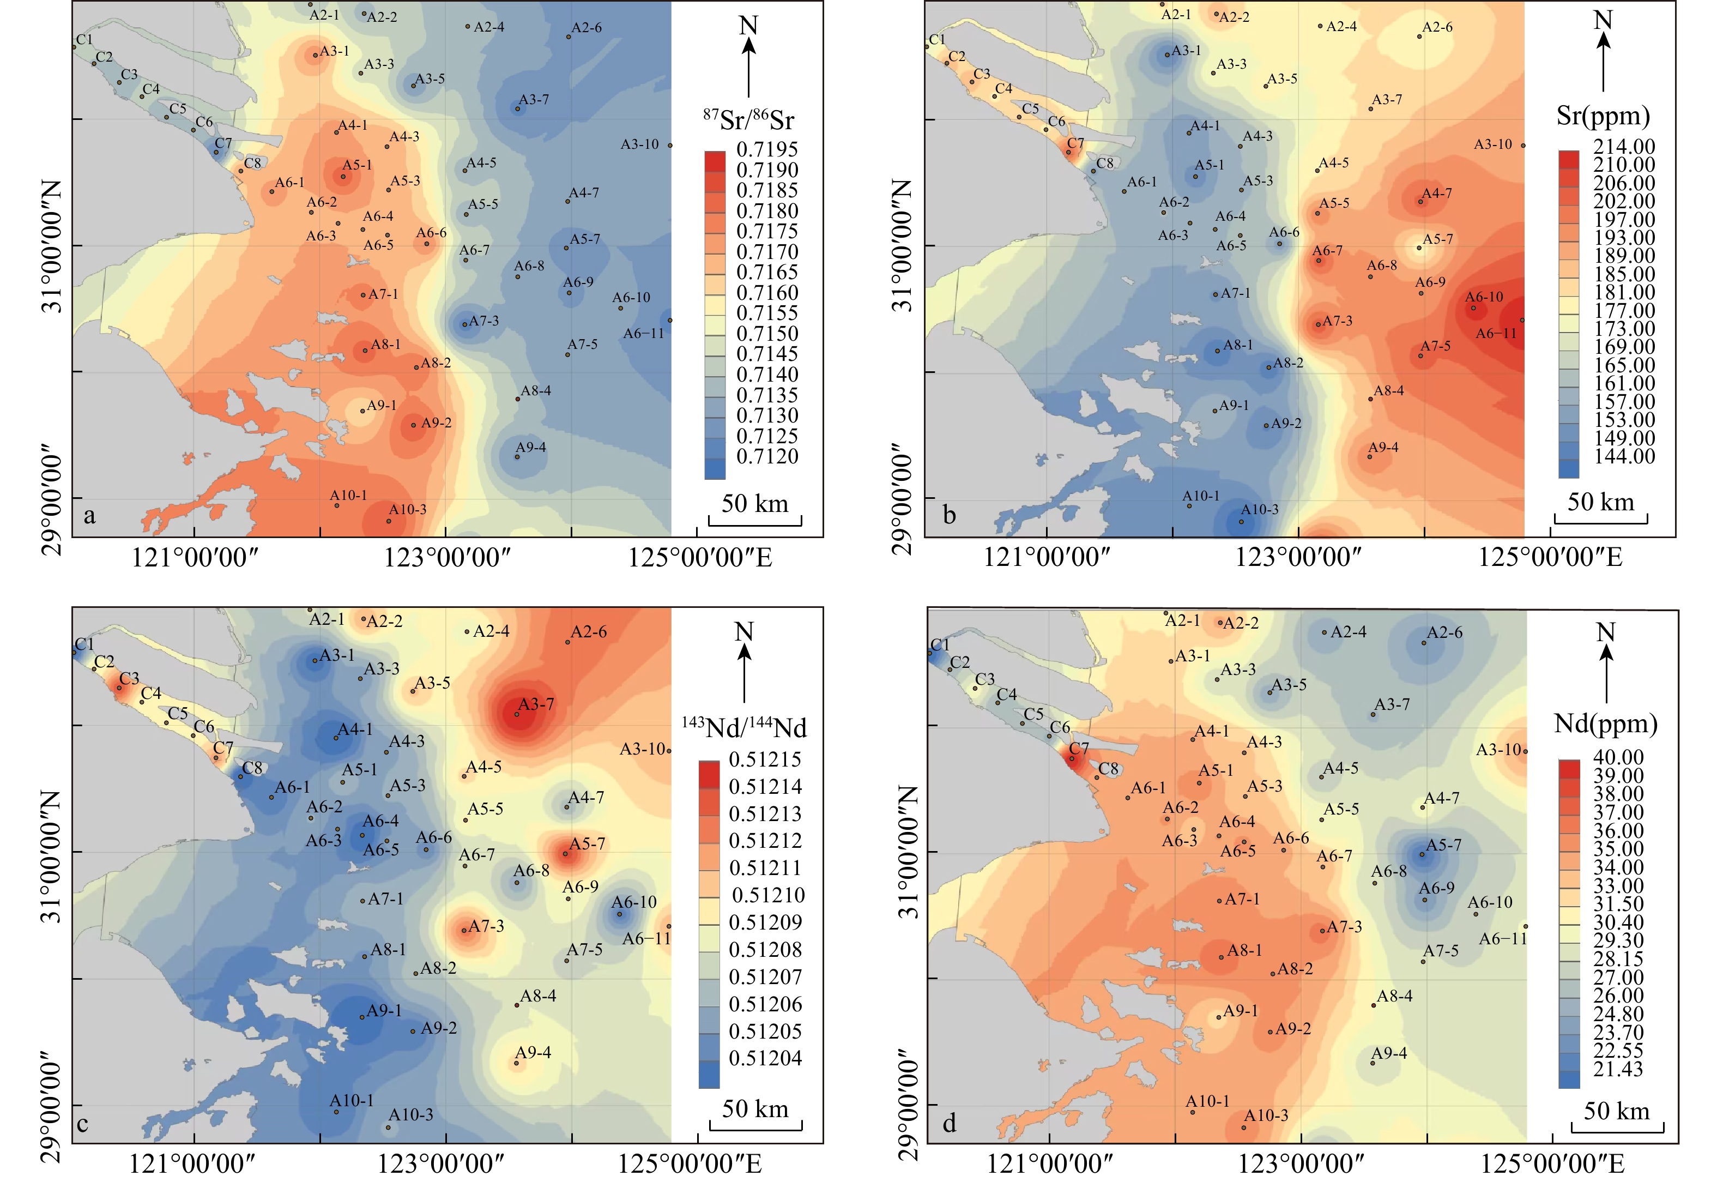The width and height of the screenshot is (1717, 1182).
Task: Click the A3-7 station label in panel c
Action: pyautogui.click(x=536, y=704)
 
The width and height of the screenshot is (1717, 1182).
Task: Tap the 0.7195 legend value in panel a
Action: pyautogui.click(x=767, y=149)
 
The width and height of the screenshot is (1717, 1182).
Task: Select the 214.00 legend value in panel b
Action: pyautogui.click(x=1624, y=146)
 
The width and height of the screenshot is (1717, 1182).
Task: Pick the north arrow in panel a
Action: pyautogui.click(x=748, y=56)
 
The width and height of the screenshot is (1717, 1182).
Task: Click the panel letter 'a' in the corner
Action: pyautogui.click(x=89, y=515)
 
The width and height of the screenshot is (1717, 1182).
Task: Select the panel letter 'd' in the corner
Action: pyautogui.click(x=949, y=1123)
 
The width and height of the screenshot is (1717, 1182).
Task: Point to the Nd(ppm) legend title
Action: pyautogui.click(x=1605, y=723)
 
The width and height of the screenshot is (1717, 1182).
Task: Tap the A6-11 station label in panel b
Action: pyautogui.click(x=1496, y=333)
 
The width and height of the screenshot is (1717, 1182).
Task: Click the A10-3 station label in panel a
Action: pyautogui.click(x=408, y=510)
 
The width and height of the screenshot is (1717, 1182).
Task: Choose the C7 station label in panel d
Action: pyautogui.click(x=1079, y=749)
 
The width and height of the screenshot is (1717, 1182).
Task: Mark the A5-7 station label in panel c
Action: pyautogui.click(x=587, y=843)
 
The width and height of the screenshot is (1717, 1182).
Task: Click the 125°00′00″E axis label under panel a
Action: pyautogui.click(x=700, y=558)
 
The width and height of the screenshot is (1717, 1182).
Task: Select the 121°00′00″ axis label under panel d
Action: pyautogui.click(x=1049, y=1163)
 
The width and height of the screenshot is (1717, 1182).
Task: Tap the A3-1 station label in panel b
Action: pyautogui.click(x=1186, y=50)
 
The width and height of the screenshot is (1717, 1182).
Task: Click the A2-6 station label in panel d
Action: pyautogui.click(x=1444, y=632)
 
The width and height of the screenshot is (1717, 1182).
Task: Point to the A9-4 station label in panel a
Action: pyautogui.click(x=531, y=447)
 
